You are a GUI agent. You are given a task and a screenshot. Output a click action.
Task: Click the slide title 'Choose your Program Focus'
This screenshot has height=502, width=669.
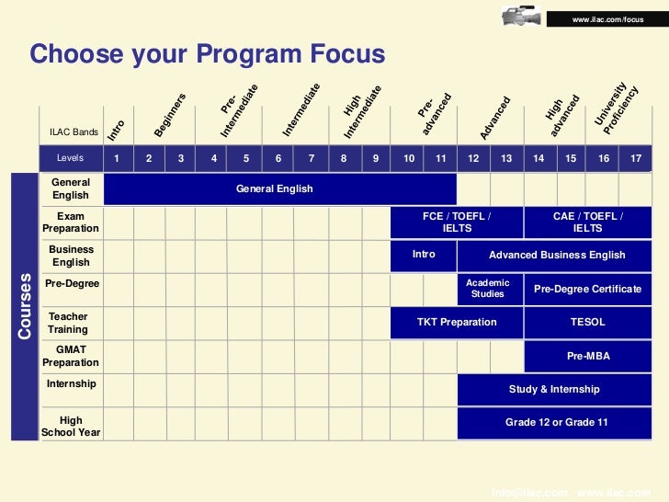click(x=208, y=55)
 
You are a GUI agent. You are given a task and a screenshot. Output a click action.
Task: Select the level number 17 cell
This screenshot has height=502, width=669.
click(x=636, y=158)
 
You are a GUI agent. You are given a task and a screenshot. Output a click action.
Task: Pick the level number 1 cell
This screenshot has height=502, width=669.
click(x=117, y=158)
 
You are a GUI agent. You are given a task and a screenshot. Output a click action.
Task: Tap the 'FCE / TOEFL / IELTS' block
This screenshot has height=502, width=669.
click(x=457, y=222)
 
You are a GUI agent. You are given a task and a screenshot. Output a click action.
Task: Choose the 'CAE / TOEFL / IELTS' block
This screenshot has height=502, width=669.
click(x=588, y=222)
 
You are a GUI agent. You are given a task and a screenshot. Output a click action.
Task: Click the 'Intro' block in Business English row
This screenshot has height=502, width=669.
click(x=424, y=255)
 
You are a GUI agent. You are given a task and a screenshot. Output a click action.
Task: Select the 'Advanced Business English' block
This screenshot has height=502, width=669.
click(x=556, y=255)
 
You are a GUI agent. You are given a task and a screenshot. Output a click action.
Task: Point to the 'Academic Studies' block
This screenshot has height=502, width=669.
click(x=488, y=289)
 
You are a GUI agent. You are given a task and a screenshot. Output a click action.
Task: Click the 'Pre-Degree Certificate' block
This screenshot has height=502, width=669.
click(x=588, y=289)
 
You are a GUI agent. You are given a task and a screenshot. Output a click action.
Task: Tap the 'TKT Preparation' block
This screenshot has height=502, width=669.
click(x=457, y=322)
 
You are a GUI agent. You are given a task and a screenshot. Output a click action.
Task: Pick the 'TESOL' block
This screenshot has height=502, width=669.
click(x=588, y=322)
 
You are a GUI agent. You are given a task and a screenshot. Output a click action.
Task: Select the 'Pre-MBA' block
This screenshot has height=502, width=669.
click(x=588, y=356)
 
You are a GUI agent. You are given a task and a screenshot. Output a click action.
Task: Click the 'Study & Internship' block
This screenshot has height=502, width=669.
click(x=554, y=389)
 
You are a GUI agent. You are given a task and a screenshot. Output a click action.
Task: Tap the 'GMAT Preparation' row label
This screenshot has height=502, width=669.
click(x=71, y=356)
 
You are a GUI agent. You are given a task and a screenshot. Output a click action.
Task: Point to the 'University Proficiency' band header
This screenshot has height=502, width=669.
click(x=616, y=110)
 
